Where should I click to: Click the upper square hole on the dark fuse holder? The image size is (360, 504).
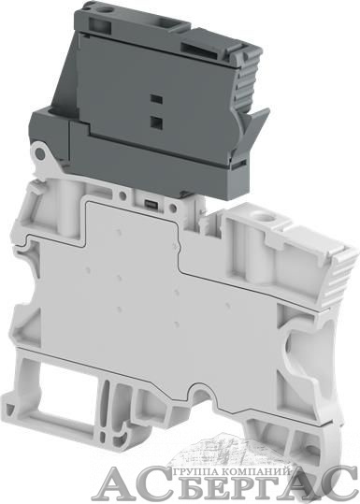click(156, 99)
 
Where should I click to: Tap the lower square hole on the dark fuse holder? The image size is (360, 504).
click(156, 122)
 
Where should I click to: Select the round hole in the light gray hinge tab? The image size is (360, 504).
click(40, 154)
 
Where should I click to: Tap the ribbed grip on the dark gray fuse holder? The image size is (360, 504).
click(247, 83)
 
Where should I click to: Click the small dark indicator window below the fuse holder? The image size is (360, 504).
click(150, 203)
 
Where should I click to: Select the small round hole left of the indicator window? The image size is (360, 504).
click(122, 195)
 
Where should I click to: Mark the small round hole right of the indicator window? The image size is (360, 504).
click(173, 208)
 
